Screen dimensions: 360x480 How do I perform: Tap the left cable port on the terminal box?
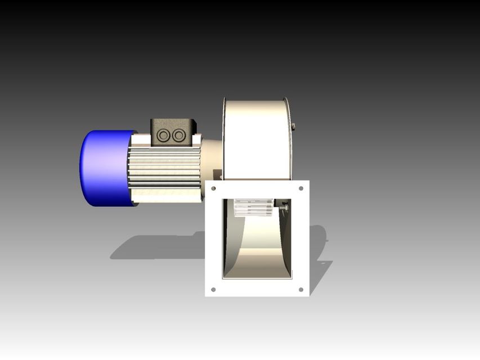click(x=164, y=136)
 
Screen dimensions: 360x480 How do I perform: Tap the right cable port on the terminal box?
click(x=178, y=136)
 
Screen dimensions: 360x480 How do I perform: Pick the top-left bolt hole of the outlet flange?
click(x=213, y=188)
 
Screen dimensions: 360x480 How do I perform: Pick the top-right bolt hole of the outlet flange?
click(x=301, y=188)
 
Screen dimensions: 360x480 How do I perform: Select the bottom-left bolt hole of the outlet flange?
click(x=213, y=290)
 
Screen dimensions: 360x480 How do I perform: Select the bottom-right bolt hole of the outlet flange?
click(x=301, y=290)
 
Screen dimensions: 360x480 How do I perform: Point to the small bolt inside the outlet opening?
click(x=284, y=209)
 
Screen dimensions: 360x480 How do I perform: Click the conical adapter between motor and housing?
click(x=212, y=158)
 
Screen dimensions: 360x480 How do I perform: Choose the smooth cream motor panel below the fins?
click(x=166, y=195)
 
